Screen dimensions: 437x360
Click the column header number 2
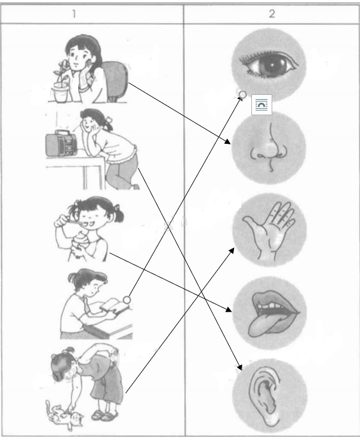coord(272,13)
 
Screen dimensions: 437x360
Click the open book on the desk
coord(111,307)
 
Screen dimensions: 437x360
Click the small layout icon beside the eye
coord(261,103)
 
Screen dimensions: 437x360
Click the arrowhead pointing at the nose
coord(230,142)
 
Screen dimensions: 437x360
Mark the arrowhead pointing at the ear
coord(241,367)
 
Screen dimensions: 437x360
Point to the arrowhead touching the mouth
coord(229,310)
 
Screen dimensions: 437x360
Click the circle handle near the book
coord(126,300)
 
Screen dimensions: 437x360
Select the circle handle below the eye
coord(242,94)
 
